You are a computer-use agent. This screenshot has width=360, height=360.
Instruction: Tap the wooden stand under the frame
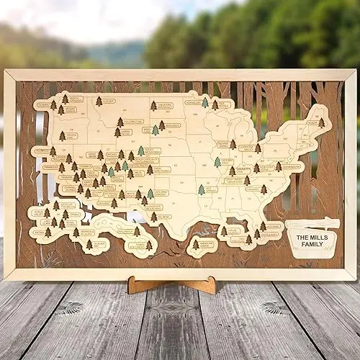tap(172, 284)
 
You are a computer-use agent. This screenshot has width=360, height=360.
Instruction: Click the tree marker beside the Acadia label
tap(321, 122)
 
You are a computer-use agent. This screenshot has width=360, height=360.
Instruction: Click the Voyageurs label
tap(193, 102)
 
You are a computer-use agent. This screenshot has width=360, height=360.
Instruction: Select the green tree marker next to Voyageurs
tap(205, 103)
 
